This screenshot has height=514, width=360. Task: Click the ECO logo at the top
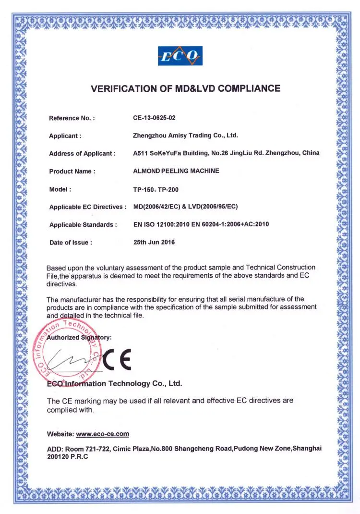pyautogui.click(x=180, y=56)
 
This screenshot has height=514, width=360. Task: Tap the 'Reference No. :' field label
pyautogui.click(x=72, y=118)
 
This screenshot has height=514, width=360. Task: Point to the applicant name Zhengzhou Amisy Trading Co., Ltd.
pyautogui.click(x=185, y=135)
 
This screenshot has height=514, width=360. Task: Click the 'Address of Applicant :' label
pyautogui.click(x=83, y=154)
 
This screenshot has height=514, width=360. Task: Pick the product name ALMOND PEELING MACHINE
pyautogui.click(x=176, y=171)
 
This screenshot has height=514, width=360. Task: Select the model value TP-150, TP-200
pyautogui.click(x=156, y=189)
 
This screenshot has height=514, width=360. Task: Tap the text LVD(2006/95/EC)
pyautogui.click(x=215, y=207)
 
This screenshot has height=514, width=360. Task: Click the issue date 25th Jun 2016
pyautogui.click(x=154, y=242)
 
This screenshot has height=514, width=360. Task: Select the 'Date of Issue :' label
pyautogui.click(x=71, y=243)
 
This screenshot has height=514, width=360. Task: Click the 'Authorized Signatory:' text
pyautogui.click(x=79, y=337)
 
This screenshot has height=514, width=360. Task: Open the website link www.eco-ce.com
pyautogui.click(x=103, y=434)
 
